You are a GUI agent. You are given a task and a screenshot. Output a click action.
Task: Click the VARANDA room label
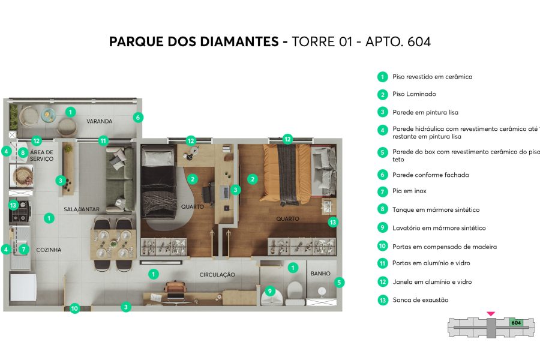[x=100, y=121]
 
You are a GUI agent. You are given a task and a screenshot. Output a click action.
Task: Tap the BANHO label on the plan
[x=320, y=274]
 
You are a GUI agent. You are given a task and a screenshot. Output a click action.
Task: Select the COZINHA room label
[x=49, y=250]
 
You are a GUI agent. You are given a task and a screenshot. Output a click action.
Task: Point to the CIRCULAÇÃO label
[x=217, y=275]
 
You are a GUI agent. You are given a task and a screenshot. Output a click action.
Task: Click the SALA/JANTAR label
[x=82, y=209]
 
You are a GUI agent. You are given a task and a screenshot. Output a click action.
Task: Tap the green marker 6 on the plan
[x=138, y=118]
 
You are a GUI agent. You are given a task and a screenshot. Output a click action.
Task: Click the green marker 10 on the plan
[x=74, y=308]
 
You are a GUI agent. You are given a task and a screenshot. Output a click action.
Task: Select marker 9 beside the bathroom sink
[x=270, y=291]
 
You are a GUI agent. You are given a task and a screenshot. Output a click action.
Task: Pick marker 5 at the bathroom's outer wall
[x=339, y=282]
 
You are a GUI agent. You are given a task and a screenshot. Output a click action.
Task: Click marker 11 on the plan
[x=103, y=141]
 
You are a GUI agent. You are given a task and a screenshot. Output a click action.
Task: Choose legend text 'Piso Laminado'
[x=414, y=94]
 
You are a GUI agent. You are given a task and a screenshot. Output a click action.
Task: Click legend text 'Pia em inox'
[x=409, y=191]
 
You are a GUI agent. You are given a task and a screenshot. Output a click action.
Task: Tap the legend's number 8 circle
[x=382, y=209]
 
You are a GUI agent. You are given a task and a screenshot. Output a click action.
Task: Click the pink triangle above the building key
[x=491, y=313]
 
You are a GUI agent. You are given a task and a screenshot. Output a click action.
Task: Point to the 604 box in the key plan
[x=515, y=322]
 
